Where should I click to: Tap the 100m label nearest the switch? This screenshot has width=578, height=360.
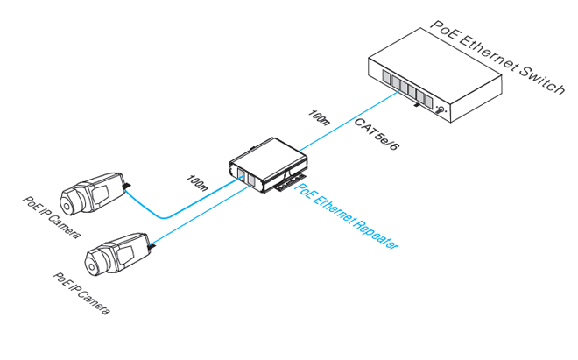click(x=319, y=118)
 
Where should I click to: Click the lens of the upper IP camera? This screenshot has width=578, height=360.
click(x=67, y=197)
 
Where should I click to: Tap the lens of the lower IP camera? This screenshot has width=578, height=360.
click(x=92, y=258)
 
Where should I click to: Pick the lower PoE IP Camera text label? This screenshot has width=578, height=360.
click(x=81, y=291)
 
